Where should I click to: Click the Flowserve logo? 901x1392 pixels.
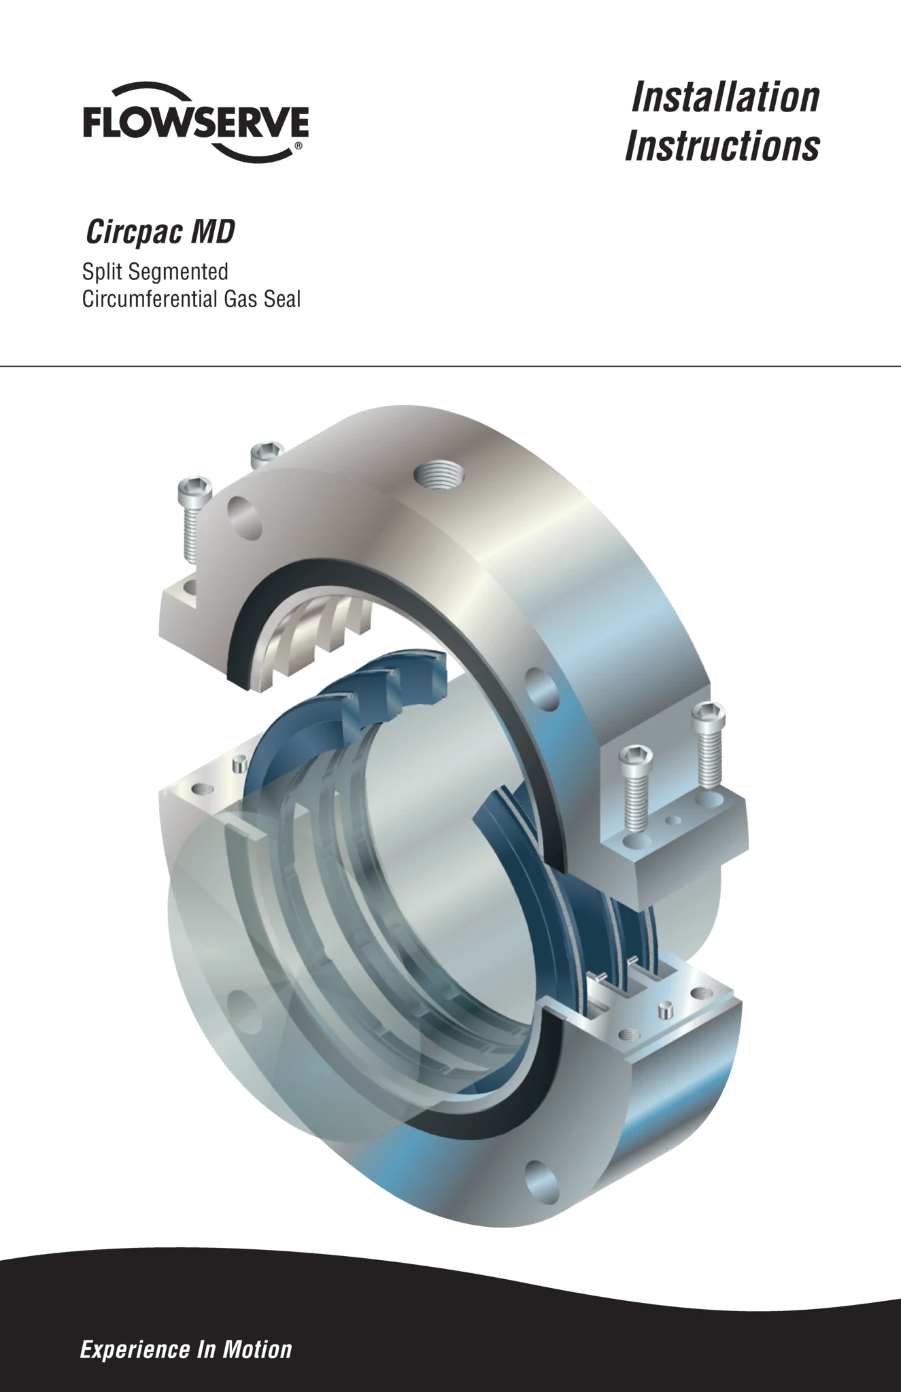pos(196,122)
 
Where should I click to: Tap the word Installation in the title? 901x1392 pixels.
pos(726,97)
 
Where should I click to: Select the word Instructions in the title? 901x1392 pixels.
pos(722,145)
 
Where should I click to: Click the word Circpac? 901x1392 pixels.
pos(135,232)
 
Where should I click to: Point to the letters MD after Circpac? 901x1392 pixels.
pos(213,232)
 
